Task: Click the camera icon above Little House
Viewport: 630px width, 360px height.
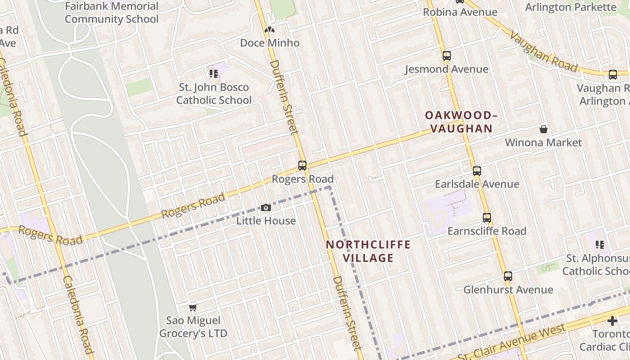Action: [266, 207]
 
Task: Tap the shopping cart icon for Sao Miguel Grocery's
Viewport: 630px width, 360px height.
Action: [193, 307]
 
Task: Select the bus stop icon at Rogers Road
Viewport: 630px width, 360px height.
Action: [302, 165]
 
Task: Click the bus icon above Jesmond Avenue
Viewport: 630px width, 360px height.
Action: [446, 56]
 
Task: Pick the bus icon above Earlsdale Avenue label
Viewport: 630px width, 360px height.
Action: [477, 171]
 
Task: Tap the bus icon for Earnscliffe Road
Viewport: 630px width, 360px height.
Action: [486, 218]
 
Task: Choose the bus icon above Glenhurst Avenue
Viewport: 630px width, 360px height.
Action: [508, 276]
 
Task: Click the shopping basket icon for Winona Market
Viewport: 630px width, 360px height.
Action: [544, 130]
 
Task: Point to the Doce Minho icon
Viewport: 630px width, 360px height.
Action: [270, 30]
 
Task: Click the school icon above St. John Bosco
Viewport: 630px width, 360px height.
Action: [213, 73]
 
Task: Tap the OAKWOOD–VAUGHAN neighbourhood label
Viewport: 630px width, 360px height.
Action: [461, 122]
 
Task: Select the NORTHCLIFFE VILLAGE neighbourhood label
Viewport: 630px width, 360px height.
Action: [368, 251]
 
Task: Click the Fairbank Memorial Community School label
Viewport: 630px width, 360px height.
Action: [112, 13]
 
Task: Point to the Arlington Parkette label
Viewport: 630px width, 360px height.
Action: [571, 7]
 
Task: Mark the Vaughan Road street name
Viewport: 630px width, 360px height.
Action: [543, 50]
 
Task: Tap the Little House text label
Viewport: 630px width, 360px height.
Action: [266, 221]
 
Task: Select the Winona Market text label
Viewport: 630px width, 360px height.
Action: [543, 143]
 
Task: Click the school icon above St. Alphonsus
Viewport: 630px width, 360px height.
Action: [600, 245]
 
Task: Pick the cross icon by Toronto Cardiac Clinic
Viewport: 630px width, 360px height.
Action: [612, 321]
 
